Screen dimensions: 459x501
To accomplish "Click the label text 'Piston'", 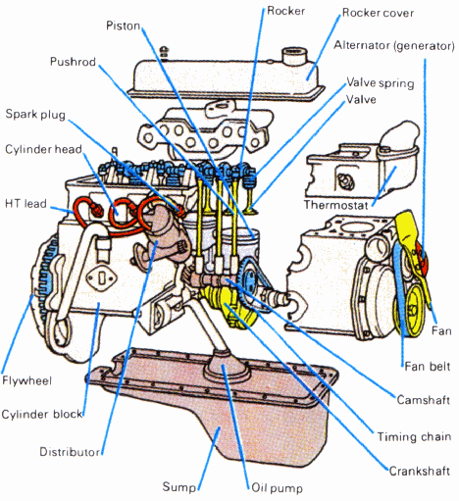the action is (x=123, y=25).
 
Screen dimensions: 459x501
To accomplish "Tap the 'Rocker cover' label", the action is (x=378, y=13).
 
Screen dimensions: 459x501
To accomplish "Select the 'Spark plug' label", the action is (x=35, y=115).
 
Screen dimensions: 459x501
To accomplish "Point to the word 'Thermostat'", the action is (x=336, y=205).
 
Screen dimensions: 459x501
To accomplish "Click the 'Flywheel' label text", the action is (x=26, y=380).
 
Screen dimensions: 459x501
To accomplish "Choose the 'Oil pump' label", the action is (x=277, y=488).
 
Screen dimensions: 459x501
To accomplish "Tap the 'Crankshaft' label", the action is (x=420, y=471).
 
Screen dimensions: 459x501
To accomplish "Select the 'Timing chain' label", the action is (x=414, y=436).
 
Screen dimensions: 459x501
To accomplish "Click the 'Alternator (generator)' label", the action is (x=394, y=46).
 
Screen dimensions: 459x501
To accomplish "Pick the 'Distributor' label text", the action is (x=70, y=452).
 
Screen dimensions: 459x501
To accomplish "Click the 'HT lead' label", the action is (x=25, y=204).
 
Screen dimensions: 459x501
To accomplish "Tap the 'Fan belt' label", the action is (x=428, y=367).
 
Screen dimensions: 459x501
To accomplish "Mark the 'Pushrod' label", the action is (x=73, y=62).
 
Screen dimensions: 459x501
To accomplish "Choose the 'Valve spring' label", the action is (x=381, y=83).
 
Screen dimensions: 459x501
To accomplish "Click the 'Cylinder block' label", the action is (x=42, y=415).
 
